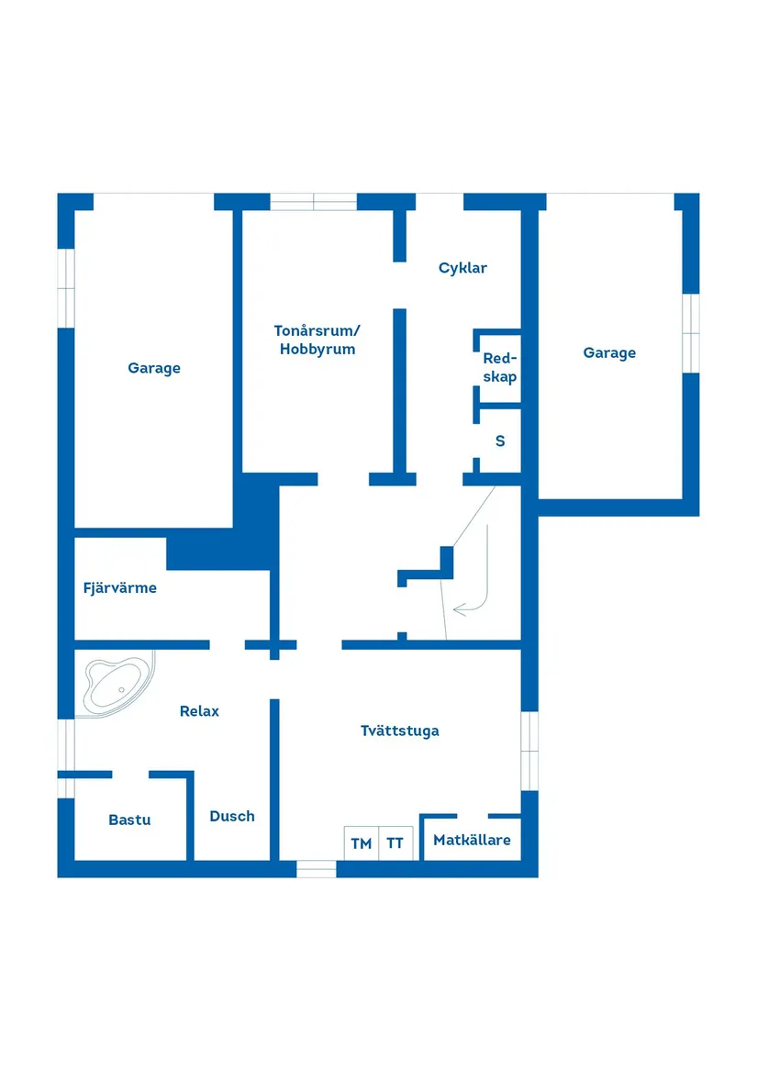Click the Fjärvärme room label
119,588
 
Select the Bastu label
129,820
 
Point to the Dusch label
232,816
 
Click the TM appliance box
362,842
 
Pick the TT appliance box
395,842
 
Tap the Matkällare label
472,840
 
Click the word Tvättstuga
399,731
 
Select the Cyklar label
462,268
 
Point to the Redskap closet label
500,368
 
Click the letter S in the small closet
500,441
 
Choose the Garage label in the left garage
154,368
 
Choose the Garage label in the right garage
609,352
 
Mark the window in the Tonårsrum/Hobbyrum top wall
313,202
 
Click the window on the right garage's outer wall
691,333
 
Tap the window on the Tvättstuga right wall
529,751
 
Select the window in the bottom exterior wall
317,868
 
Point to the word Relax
199,710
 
